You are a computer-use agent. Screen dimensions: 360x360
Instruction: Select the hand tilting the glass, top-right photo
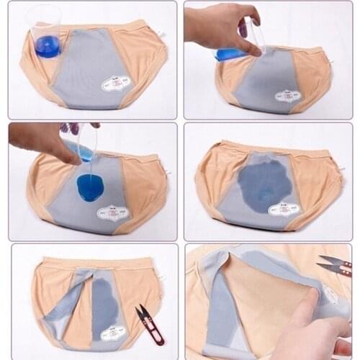click(223, 29)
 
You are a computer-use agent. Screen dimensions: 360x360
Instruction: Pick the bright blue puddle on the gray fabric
click(90, 187)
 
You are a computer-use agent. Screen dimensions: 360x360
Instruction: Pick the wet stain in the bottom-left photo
click(106, 306)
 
